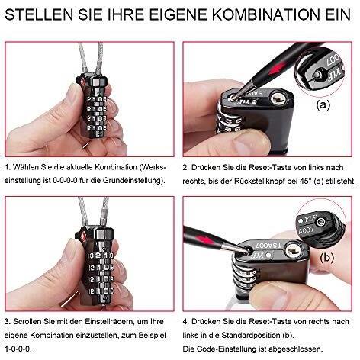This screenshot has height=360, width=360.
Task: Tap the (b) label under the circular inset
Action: pos(326,259)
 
